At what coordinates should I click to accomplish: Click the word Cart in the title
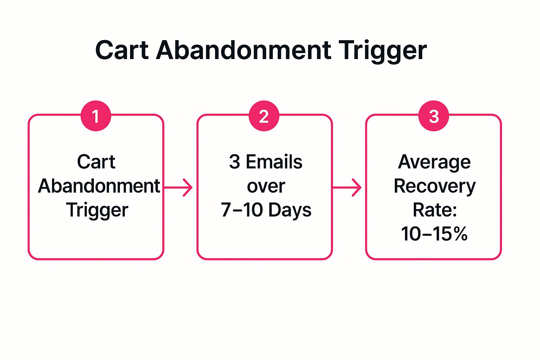pyautogui.click(x=122, y=50)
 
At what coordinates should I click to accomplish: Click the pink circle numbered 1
pyautogui.click(x=96, y=116)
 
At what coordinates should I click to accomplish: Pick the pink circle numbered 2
pyautogui.click(x=264, y=116)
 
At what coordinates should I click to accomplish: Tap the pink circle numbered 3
pyautogui.click(x=433, y=116)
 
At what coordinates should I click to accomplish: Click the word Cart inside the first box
pyautogui.click(x=96, y=162)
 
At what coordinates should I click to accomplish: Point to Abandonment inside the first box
pyautogui.click(x=99, y=186)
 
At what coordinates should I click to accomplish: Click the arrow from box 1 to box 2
pyautogui.click(x=179, y=187)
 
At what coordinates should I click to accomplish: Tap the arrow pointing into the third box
pyautogui.click(x=347, y=187)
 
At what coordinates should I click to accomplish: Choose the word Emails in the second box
pyautogui.click(x=274, y=162)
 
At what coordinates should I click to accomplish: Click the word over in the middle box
pyautogui.click(x=266, y=186)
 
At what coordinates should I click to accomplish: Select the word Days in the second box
pyautogui.click(x=290, y=210)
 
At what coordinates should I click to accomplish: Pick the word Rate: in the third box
pyautogui.click(x=435, y=210)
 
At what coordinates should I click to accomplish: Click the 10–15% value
pyautogui.click(x=434, y=234)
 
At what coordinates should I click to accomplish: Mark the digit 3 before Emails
pyautogui.click(x=234, y=162)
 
